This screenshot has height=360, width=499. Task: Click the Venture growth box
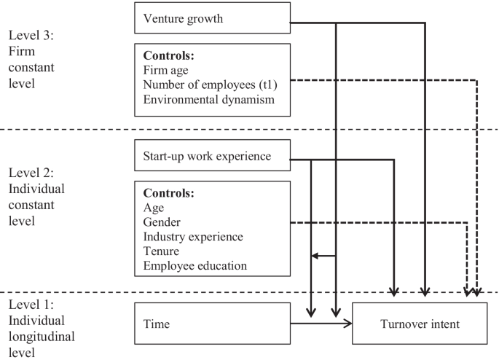point(213,18)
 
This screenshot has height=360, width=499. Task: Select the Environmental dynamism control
point(209,100)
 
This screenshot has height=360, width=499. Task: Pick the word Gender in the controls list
point(162,221)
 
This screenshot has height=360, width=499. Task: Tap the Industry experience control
point(193,237)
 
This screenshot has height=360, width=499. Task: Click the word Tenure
point(162,251)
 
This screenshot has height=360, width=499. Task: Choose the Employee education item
point(196,266)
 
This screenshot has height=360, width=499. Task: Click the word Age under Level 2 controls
point(154,207)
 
